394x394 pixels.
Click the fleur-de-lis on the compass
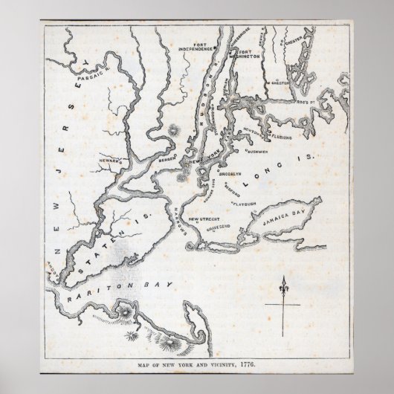tap(282, 284)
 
